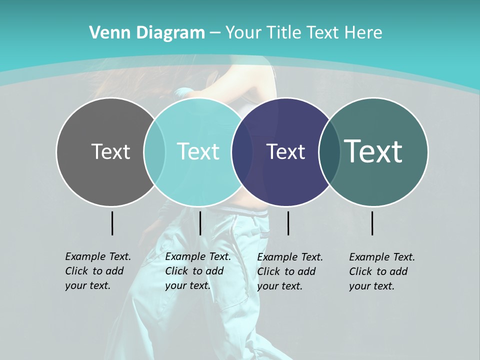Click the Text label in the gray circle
110,151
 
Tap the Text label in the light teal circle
198,151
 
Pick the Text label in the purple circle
285,151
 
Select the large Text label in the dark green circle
373,151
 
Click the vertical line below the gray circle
112,223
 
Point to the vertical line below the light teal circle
200,223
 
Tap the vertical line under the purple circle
288,223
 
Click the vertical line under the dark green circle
372,223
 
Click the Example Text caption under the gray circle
98,271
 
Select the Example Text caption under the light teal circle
198,271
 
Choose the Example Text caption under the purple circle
290,271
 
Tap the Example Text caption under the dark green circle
382,271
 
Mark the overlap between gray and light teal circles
154,151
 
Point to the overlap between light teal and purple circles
242,151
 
